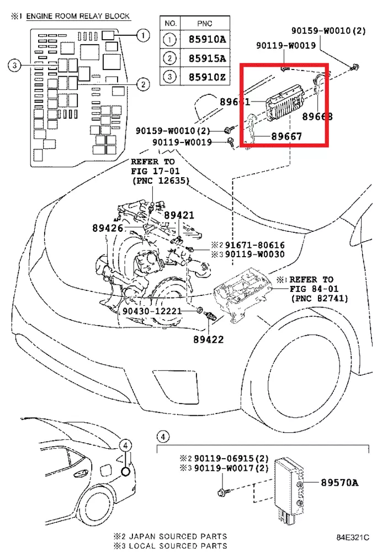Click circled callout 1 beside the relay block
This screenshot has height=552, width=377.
pyautogui.click(x=142, y=36)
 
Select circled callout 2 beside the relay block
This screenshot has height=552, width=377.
pyautogui.click(x=142, y=84)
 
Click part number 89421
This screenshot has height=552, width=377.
pyautogui.click(x=178, y=215)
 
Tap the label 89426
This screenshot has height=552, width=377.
pyautogui.click(x=109, y=227)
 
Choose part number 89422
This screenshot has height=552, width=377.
pyautogui.click(x=208, y=339)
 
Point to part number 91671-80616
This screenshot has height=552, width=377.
pyautogui.click(x=255, y=245)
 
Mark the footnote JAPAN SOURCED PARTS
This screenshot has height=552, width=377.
pyautogui.click(x=175, y=536)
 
